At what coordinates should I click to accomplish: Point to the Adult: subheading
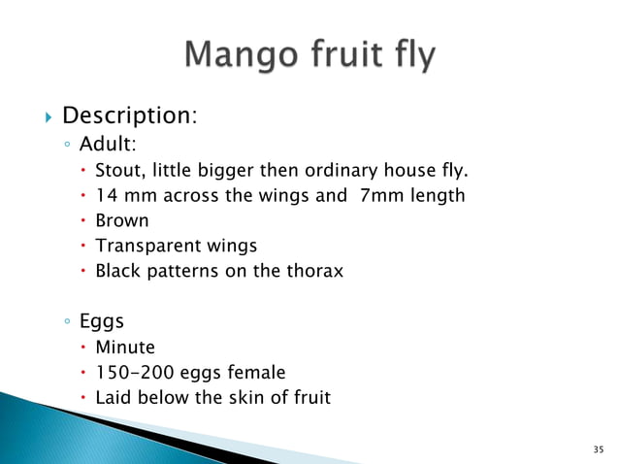[x=109, y=145]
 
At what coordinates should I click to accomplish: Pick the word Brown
[x=121, y=221]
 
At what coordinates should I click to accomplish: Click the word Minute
[x=124, y=347]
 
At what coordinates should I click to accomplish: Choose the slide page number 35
[x=597, y=449]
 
